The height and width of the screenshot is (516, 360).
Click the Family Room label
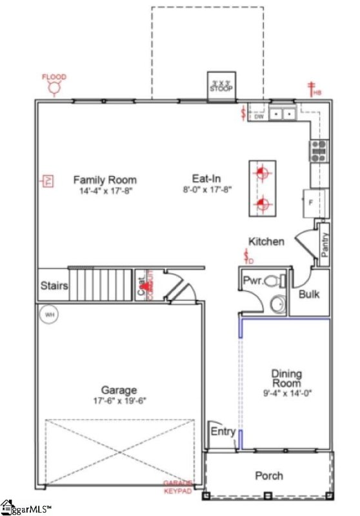105,180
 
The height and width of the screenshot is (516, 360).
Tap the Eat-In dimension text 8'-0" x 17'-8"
207,190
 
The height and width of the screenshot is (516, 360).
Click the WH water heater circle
48,315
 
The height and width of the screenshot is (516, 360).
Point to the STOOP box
221,84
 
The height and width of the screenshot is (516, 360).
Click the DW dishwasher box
259,116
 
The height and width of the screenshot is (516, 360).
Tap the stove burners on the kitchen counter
319,150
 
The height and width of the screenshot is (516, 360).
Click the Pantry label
325,244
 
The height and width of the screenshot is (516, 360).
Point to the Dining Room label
286,378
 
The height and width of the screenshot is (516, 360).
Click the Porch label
268,475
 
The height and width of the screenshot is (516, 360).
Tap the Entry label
223,432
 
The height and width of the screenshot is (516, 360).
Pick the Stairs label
54,285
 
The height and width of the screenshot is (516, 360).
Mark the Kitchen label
266,241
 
